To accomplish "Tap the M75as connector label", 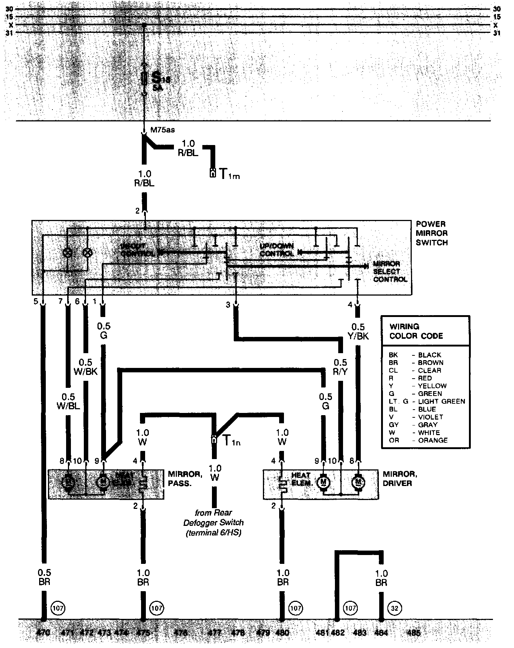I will tap(162, 130).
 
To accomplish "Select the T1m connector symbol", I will tap(213, 173).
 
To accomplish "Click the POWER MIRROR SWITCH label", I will tap(431, 233).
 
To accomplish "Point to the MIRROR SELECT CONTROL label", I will tap(390, 272).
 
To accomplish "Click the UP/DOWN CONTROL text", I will tap(277, 250).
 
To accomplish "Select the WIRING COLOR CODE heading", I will tap(416, 331).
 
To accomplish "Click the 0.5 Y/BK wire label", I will tap(358, 331).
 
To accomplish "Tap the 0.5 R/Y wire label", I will tap(340, 367).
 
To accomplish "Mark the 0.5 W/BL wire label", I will tap(68, 401).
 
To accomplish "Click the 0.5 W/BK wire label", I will tap(86, 367).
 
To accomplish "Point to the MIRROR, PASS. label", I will tap(185, 479).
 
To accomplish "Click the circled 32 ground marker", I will tap(395, 607).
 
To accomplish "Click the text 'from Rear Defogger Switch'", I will tap(214, 517).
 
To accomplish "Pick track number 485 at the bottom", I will tap(413, 633).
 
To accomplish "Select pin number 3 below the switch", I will tap(228, 305).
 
